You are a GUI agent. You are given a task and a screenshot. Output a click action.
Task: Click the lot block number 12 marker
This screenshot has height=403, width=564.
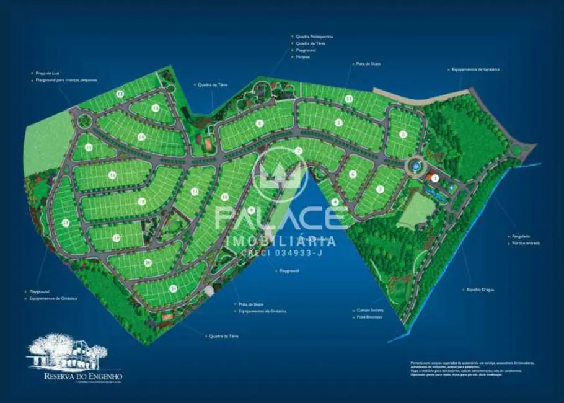[120, 94]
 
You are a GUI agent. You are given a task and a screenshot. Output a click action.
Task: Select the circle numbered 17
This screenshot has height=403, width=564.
[65, 223]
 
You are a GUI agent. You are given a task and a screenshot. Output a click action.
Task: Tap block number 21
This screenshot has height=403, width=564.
[174, 288]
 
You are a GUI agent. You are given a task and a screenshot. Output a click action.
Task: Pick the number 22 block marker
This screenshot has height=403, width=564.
[349, 99]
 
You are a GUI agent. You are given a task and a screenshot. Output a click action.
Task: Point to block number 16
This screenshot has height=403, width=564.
[112, 175]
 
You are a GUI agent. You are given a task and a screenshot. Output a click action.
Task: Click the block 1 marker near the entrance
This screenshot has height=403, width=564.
[435, 178]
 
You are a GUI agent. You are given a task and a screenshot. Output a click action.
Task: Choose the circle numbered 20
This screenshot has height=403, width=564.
[148, 263]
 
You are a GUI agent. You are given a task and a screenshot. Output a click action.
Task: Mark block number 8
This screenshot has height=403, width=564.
[259, 123]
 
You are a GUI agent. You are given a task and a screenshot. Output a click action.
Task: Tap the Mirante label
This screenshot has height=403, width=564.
[302, 57]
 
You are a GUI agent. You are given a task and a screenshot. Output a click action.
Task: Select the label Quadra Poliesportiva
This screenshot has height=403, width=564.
[312, 37]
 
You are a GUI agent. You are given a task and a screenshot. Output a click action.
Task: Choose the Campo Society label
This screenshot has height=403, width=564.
[370, 310]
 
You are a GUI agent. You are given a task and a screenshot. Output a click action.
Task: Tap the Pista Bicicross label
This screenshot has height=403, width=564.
[369, 317]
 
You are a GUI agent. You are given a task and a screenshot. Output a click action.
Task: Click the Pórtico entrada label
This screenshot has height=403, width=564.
[526, 243]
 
